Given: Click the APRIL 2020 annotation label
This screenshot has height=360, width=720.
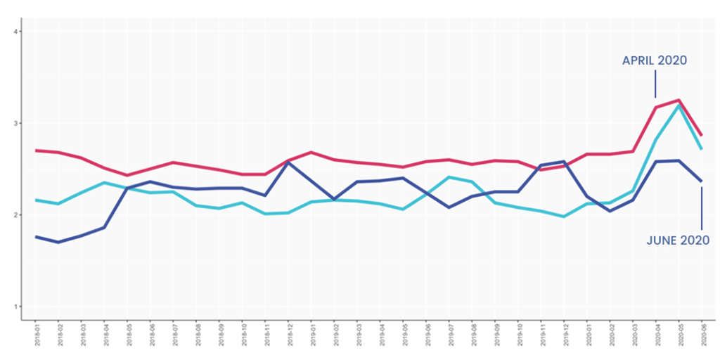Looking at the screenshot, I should pos(654,61).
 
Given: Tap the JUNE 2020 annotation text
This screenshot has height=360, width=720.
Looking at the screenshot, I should pos(678,240).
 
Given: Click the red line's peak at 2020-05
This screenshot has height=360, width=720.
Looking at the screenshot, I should pos(679,100).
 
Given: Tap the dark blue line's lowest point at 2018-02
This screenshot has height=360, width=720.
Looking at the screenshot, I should pos(58,242).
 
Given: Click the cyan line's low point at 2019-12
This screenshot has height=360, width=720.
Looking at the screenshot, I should pos(564,217).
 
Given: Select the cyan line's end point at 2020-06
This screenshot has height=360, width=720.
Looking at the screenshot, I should pos(702,149).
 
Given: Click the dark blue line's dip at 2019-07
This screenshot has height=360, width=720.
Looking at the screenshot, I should pos(449,207).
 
